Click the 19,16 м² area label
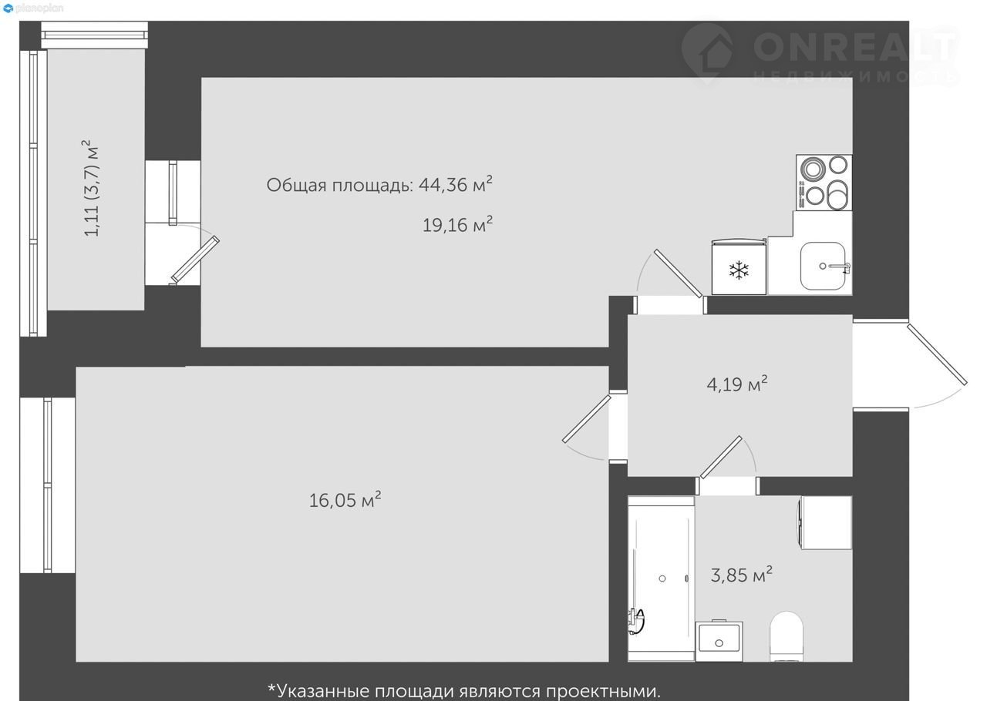click(x=457, y=225)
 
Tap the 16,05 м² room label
click(x=345, y=500)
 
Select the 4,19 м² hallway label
click(x=737, y=384)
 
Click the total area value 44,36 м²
click(x=456, y=185)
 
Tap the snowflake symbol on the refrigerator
click(x=739, y=270)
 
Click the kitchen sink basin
click(x=823, y=266)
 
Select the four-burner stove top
click(x=824, y=183)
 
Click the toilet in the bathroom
click(x=787, y=636)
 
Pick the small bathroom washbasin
click(x=719, y=641)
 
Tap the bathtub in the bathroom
click(x=661, y=579)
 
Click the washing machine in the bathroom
click(x=825, y=522)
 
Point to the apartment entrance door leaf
click(x=937, y=354)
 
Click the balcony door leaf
click(x=195, y=260)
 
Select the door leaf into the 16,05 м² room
click(x=587, y=419)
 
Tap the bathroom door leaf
click(x=721, y=458)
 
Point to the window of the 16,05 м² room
click(x=48, y=485)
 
